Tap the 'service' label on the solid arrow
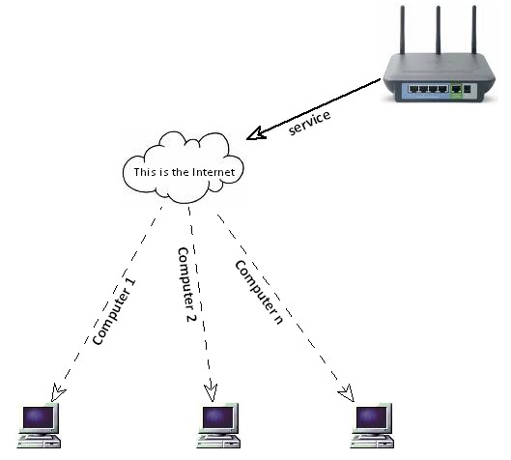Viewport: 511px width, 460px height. pyautogui.click(x=310, y=123)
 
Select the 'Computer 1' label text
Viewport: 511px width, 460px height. pyautogui.click(x=114, y=312)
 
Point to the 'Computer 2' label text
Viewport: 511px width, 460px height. pyautogui.click(x=186, y=285)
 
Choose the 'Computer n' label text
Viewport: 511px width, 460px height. pyautogui.click(x=259, y=292)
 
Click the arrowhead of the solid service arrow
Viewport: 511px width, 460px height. pyautogui.click(x=256, y=133)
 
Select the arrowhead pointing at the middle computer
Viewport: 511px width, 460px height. pyautogui.click(x=211, y=392)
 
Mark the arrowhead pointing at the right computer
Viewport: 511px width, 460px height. pyautogui.click(x=348, y=392)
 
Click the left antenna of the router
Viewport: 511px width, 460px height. pyautogui.click(x=403, y=30)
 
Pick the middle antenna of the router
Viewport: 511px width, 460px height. pyautogui.click(x=439, y=30)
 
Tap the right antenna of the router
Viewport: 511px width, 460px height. pyautogui.click(x=474, y=30)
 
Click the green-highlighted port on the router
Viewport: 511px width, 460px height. pyautogui.click(x=456, y=89)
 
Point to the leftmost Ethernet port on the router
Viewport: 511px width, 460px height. pyautogui.click(x=413, y=89)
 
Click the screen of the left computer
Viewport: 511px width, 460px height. pyautogui.click(x=38, y=417)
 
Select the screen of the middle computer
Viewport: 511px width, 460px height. pyautogui.click(x=217, y=417)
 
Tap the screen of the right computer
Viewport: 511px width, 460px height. pyautogui.click(x=371, y=417)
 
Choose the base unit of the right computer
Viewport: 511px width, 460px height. pyautogui.click(x=372, y=443)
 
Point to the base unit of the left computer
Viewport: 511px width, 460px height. pyautogui.click(x=39, y=443)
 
